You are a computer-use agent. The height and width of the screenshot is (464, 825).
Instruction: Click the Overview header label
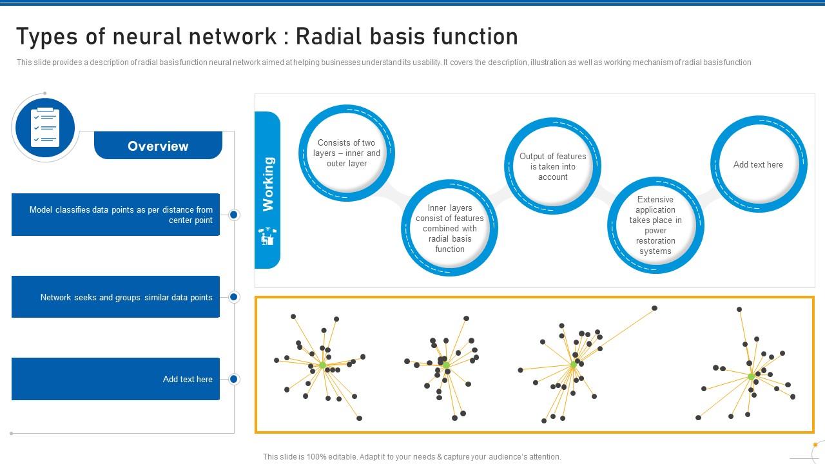(158, 146)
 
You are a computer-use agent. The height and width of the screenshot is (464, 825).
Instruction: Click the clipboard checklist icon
(45, 128)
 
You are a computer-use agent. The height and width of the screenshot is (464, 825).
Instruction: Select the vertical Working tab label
(267, 184)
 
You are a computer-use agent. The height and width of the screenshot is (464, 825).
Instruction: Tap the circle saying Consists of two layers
(347, 153)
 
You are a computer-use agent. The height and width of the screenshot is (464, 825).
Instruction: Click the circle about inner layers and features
(449, 229)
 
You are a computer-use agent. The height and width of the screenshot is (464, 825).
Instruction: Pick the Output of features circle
(552, 167)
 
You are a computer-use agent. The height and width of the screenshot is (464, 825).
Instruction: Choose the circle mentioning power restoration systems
(655, 226)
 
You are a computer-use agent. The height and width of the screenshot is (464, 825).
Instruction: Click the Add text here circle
(758, 165)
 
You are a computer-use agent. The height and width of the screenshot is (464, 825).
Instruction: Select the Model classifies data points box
(116, 215)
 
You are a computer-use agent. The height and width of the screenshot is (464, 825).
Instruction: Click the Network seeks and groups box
(116, 297)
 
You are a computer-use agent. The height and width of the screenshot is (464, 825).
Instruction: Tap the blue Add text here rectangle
(116, 379)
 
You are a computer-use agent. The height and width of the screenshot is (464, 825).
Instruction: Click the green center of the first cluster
(323, 365)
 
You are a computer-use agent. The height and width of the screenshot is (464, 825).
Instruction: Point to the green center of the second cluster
(446, 365)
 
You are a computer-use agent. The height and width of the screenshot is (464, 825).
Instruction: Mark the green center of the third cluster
(574, 365)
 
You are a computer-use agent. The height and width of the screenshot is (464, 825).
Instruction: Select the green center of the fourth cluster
(751, 376)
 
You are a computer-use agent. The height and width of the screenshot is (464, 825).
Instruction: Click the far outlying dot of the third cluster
(654, 308)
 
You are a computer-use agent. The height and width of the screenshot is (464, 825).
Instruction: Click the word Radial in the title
(328, 37)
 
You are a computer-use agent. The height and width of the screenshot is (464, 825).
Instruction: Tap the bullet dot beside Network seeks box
(234, 297)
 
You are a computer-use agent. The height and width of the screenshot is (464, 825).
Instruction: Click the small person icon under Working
(267, 237)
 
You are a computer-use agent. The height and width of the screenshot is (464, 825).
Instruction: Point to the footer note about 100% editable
(412, 456)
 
